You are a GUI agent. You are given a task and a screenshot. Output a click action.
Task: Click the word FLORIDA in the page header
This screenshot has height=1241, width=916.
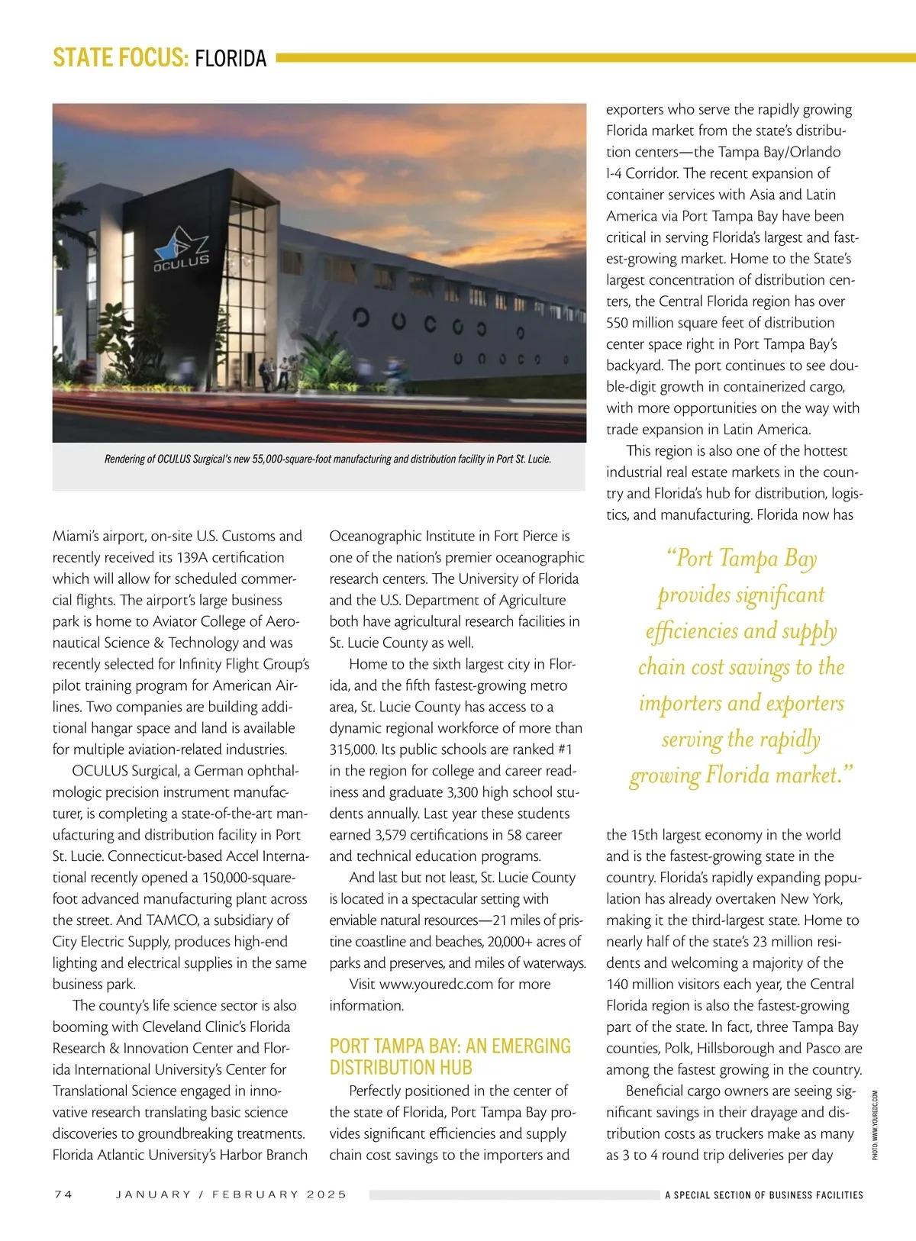point(231,59)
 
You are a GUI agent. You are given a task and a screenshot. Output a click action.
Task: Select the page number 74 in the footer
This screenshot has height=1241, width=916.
point(63,1194)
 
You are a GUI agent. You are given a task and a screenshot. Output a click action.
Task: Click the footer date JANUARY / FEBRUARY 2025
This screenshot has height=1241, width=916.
point(231,1194)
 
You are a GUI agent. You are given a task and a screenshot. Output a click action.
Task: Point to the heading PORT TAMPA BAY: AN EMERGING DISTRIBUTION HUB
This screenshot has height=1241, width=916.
point(450,1056)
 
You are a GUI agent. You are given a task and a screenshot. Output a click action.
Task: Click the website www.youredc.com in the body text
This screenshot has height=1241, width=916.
point(436,985)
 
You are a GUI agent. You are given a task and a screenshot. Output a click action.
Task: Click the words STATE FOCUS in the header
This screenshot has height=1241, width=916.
point(120,59)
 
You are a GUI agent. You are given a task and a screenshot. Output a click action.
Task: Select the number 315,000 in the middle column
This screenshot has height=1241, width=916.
point(354,749)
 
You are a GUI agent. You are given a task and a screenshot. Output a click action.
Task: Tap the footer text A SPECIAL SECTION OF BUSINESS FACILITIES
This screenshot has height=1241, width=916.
point(763,1195)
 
